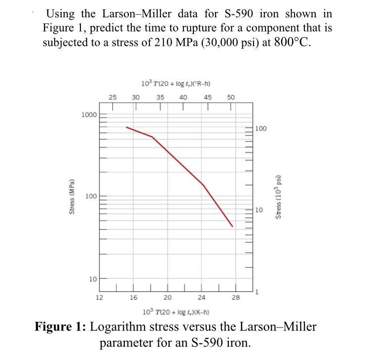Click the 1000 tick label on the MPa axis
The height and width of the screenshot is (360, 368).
(89, 115)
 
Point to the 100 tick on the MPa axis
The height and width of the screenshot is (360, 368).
(91, 197)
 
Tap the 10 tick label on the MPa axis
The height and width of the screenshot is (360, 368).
(93, 279)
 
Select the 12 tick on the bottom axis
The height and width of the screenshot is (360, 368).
(99, 297)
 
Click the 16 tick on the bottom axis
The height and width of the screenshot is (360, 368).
(133, 297)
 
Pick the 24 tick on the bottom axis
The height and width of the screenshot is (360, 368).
(201, 297)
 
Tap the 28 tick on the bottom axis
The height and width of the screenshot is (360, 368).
(236, 297)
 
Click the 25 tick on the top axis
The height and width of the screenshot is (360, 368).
(112, 97)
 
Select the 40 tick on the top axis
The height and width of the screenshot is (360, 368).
(184, 97)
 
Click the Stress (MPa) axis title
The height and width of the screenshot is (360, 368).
(72, 196)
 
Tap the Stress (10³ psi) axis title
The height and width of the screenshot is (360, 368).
(278, 197)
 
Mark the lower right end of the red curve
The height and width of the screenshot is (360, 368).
(232, 227)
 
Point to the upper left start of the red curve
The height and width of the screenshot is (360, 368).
(126, 127)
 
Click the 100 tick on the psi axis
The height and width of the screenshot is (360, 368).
(261, 128)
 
